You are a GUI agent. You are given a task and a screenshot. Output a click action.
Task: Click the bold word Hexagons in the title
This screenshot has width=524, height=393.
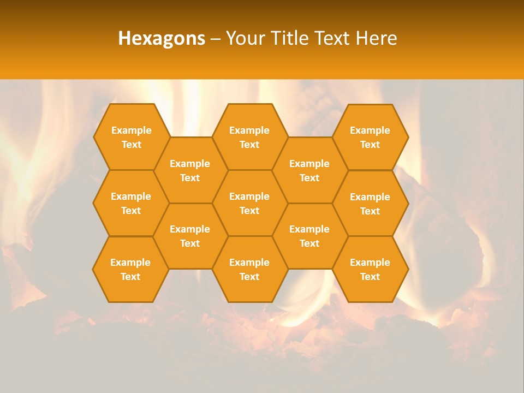coord(162,38)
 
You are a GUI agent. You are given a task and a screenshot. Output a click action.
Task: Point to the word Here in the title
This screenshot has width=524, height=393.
coord(377,38)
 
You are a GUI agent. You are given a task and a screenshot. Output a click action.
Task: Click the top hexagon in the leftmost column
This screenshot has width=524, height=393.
coord(131,137)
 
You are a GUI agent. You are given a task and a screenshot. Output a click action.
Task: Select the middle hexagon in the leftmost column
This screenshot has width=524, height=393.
coord(131,203)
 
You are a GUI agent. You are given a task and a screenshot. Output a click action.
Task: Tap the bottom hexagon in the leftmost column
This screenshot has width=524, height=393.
coord(130,269)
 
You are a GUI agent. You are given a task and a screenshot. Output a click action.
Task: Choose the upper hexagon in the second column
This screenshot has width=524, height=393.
coord(190,170)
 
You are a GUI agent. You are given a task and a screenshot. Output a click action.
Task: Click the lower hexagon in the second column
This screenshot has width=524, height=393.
coord(190,236)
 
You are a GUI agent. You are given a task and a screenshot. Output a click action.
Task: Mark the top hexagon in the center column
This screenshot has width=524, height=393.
coord(249,137)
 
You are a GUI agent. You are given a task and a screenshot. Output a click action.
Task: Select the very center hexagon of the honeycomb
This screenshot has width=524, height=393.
coord(249,203)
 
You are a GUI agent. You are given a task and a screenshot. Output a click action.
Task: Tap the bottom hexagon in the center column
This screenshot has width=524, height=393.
coord(249,269)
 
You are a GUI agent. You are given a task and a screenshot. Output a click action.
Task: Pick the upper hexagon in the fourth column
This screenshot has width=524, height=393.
coord(309,170)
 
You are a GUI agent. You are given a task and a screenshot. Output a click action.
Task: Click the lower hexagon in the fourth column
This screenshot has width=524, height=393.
coord(309,236)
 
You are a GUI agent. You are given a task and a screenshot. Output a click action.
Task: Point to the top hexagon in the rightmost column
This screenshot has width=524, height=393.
coord(370,137)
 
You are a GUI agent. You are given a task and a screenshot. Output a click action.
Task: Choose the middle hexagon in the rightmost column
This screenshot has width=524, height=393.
coord(370,204)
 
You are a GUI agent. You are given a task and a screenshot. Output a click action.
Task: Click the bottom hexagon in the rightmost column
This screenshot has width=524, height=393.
coord(370,269)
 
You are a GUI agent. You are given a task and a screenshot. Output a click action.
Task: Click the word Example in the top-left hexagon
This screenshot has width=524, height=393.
coord(131,130)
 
